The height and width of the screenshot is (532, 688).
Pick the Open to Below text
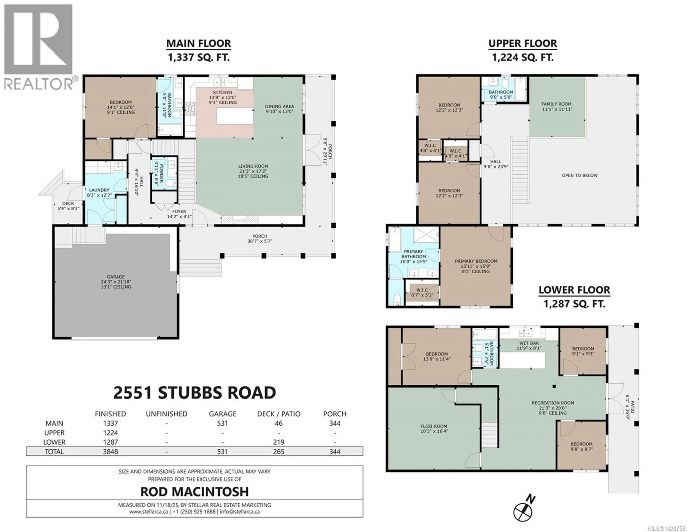pyautogui.click(x=580, y=175)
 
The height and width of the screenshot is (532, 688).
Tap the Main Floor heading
pyautogui.click(x=199, y=44)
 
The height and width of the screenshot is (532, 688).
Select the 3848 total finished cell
pyautogui.click(x=110, y=451)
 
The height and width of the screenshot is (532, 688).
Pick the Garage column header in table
pyautogui.click(x=222, y=414)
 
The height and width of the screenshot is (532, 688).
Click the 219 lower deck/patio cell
pyautogui.click(x=278, y=442)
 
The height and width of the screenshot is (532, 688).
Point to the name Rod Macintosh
pyautogui.click(x=194, y=492)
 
